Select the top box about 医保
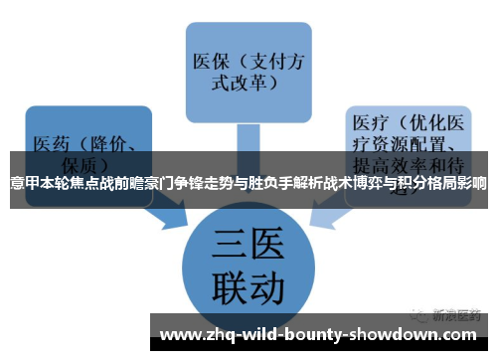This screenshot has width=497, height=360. [244, 62]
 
